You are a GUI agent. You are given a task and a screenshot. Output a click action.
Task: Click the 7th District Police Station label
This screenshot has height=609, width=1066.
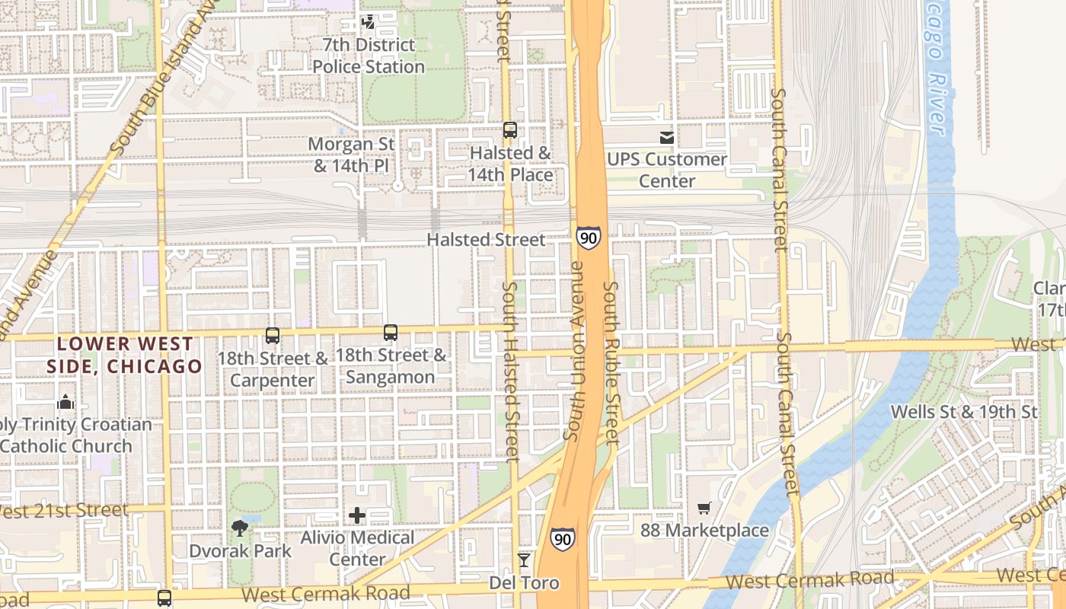click(369, 56)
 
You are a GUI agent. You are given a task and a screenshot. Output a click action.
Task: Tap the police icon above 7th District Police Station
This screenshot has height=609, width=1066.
click(369, 22)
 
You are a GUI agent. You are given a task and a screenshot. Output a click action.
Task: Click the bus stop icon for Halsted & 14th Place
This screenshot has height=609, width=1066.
click(510, 130)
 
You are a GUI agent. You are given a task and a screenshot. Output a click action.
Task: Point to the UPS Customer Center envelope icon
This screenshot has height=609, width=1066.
click(667, 138)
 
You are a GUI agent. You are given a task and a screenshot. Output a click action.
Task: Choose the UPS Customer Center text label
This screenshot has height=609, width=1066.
click(667, 170)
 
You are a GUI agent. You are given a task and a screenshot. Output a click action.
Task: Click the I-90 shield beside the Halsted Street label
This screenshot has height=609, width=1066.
click(588, 238)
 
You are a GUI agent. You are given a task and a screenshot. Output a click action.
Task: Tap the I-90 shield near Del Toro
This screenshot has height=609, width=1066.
click(563, 539)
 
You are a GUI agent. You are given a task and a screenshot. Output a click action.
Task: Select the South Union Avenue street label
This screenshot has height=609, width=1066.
click(576, 350)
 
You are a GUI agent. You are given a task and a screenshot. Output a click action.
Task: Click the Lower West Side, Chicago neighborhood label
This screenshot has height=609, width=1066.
click(124, 355)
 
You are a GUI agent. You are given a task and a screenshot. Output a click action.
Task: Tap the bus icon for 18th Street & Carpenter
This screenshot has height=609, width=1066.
click(272, 335)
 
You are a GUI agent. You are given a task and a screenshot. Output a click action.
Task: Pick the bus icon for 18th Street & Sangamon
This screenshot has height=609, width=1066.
click(391, 333)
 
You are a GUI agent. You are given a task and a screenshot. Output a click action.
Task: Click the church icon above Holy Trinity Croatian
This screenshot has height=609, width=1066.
click(65, 402)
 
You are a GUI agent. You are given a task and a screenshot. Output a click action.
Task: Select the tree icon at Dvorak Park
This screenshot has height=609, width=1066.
click(241, 528)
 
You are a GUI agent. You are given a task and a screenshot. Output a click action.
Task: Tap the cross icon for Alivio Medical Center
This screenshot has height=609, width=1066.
click(357, 516)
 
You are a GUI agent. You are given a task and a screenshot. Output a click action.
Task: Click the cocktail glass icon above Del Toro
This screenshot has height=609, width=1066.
click(524, 561)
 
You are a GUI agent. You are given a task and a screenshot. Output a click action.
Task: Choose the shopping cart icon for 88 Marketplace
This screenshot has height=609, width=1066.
click(704, 508)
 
